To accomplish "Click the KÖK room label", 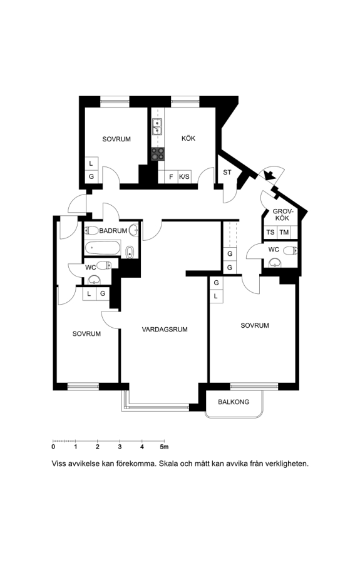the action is pos(188,138).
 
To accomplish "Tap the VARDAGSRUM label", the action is pos(165,329).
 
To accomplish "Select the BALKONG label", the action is pos(234,402).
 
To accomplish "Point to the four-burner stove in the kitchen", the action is pos(158,154).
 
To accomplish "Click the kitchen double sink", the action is pos(157,126).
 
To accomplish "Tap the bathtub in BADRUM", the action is pos(103,247).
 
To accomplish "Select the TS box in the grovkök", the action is pos(270,232).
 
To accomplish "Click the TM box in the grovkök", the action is pos(284,232).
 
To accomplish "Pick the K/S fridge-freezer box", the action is pos(184,176).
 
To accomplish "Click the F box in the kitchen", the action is pos(171,176).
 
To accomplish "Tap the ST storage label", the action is pos(227,173).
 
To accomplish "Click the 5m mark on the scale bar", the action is pos(164,447).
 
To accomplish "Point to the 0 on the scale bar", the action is pos(53,447).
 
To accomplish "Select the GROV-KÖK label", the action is pos(281,215).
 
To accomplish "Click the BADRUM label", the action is pos(113,230).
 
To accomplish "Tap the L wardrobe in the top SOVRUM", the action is pos(91,163).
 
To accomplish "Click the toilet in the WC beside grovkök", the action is pos(291,251).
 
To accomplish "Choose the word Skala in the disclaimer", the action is pos(168,464).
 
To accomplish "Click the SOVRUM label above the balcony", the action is pos(255,325).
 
